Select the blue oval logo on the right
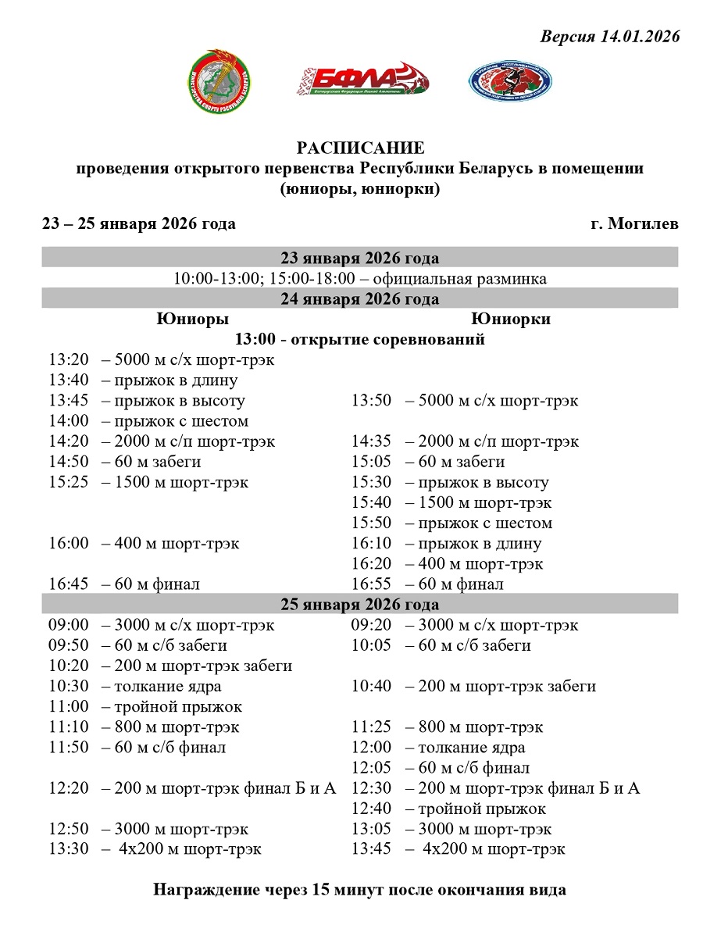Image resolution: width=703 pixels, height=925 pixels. tap(509, 81)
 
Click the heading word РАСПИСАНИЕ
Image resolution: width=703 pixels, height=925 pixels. tap(360, 148)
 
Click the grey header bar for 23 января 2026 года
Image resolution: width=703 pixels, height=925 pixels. tap(360, 258)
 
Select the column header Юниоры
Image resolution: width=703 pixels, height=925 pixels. tap(192, 319)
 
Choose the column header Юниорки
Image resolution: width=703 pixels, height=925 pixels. tap(511, 319)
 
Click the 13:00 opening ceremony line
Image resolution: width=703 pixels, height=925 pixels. tap(360, 339)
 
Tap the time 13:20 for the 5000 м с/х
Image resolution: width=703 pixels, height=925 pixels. tap(68, 360)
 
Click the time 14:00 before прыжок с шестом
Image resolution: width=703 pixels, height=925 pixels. tap(68, 421)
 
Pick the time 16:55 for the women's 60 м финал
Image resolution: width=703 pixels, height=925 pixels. tap(371, 584)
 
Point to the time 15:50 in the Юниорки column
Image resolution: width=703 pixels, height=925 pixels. tap(371, 523)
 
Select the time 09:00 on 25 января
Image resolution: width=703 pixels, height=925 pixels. tap(68, 625)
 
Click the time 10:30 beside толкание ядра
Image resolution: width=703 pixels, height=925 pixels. tap(68, 686)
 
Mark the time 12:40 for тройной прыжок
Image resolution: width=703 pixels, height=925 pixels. tap(371, 809)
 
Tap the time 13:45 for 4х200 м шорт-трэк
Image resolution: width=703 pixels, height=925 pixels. tap(371, 849)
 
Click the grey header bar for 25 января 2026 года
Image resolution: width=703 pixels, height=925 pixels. tap(360, 604)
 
